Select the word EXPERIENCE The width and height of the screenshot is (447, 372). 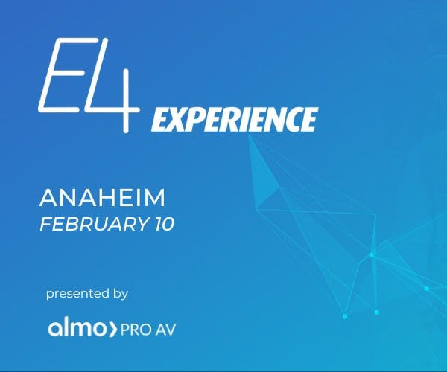click(235, 118)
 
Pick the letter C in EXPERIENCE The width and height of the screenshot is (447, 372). click(289, 118)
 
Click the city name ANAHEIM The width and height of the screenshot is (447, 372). click(102, 198)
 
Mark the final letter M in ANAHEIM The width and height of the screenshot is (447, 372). click(153, 198)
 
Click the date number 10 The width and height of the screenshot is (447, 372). click(162, 224)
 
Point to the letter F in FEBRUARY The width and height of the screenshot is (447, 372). click(45, 224)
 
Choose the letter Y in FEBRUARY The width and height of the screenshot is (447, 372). click(139, 224)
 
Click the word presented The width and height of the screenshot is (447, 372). click(77, 294)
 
